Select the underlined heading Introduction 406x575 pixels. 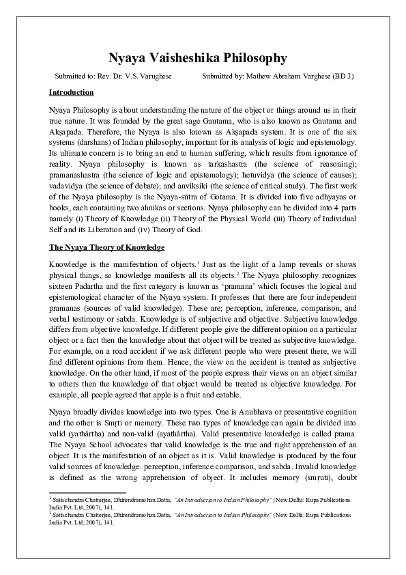click(71, 92)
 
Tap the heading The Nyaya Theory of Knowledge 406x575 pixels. click(107, 247)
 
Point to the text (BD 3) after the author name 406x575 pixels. click(343, 76)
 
